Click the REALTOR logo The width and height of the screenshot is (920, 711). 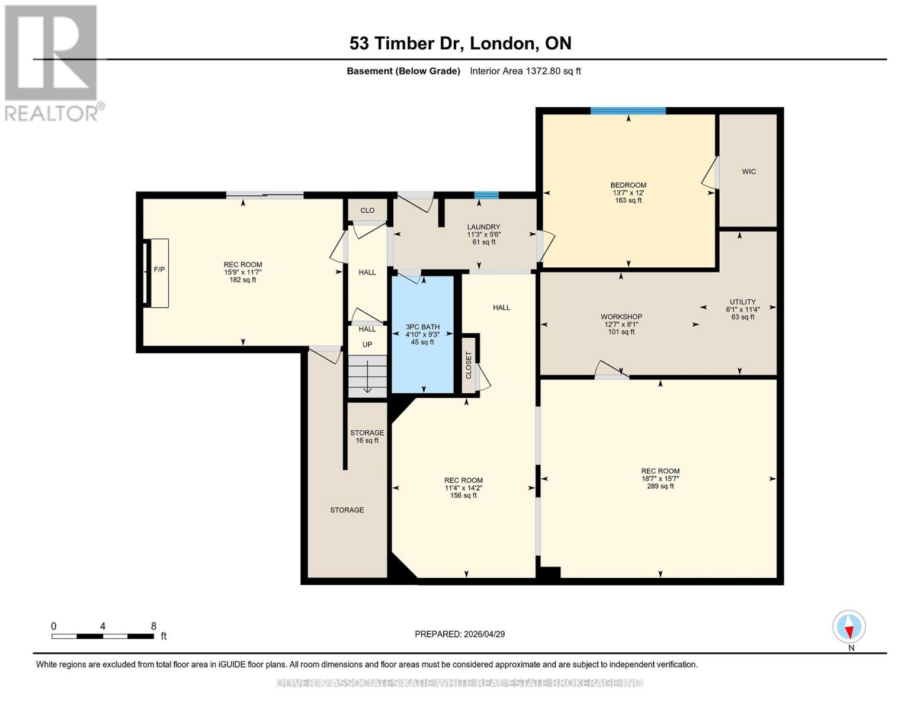click(x=52, y=62)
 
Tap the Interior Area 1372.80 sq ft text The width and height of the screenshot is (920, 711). click(x=525, y=71)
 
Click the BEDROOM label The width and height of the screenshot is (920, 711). click(x=628, y=185)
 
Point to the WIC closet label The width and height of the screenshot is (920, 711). click(x=749, y=172)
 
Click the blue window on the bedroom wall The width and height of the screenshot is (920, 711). click(x=628, y=111)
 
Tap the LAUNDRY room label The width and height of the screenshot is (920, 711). click(x=483, y=227)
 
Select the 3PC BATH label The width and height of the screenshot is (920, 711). click(x=422, y=327)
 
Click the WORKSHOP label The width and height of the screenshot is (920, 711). click(x=621, y=317)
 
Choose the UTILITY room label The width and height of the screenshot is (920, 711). click(x=742, y=302)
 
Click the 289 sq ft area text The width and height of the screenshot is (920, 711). click(x=660, y=486)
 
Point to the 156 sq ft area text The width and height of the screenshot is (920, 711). click(x=463, y=496)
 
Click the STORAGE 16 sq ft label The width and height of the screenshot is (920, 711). click(x=367, y=437)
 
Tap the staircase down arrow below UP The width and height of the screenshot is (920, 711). click(x=367, y=378)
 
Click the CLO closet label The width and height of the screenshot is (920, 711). click(x=367, y=210)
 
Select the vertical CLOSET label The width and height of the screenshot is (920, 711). click(x=469, y=365)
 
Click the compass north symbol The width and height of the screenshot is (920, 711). click(x=849, y=627)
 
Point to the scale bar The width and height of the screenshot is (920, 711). click(x=102, y=636)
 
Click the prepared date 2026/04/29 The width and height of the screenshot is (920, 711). click(x=460, y=634)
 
